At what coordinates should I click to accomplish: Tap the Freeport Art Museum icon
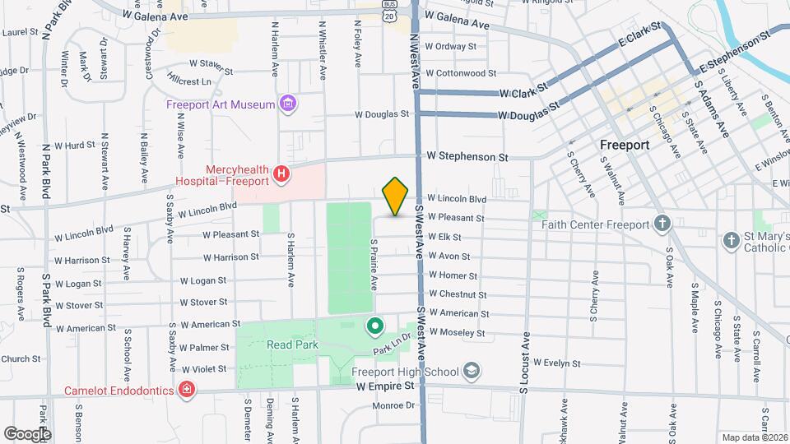click(287, 104)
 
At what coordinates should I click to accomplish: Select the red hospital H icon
click(281, 173)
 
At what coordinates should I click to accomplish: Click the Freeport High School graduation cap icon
click(471, 372)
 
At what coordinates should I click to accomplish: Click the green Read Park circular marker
click(375, 327)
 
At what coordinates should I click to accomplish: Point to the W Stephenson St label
click(467, 156)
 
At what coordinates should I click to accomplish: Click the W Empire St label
click(386, 386)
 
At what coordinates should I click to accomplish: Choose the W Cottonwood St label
click(462, 73)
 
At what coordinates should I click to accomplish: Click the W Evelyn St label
click(557, 363)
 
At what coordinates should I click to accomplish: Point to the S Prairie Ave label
click(374, 265)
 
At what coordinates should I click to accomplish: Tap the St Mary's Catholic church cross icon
click(731, 240)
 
